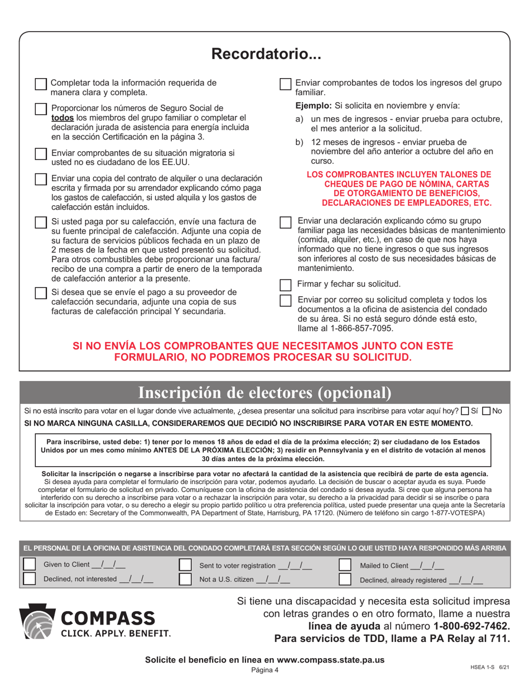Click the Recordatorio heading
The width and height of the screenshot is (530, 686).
[264, 54]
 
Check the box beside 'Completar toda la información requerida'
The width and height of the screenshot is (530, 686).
[41, 84]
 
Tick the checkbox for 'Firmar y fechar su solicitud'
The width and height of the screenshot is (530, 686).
[285, 284]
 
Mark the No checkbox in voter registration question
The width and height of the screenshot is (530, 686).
[486, 411]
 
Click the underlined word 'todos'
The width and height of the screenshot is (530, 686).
[62, 118]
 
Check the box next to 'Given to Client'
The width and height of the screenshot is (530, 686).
[28, 565]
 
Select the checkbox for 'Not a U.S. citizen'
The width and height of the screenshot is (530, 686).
[186, 579]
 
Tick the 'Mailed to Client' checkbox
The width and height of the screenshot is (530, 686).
[345, 565]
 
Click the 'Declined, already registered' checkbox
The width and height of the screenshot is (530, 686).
[345, 579]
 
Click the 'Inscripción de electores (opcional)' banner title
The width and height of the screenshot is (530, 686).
[264, 393]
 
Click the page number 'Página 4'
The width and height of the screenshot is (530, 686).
[264, 670]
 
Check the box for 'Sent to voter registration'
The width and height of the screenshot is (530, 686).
[186, 565]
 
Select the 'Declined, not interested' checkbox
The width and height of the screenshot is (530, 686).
[28, 579]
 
